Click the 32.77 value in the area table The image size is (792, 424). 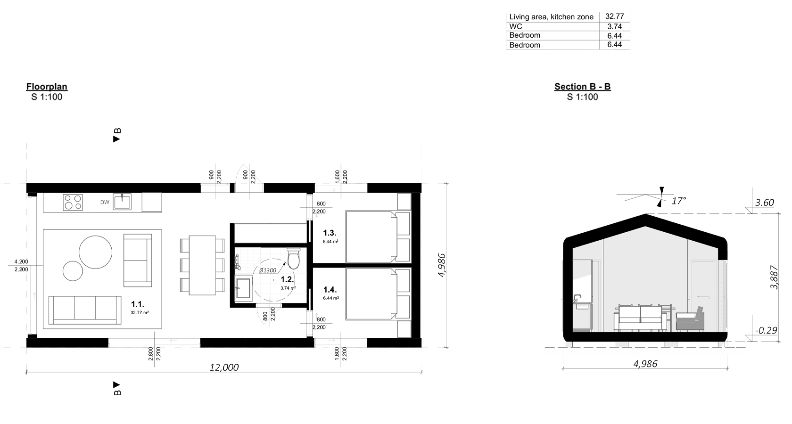tap(614, 16)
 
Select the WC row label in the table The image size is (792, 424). tap(516, 26)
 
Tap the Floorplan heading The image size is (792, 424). tap(47, 87)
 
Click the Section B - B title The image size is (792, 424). tap(582, 87)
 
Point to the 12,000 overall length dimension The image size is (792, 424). tap(224, 367)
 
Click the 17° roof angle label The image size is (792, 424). tap(678, 201)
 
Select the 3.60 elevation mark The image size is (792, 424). tap(764, 203)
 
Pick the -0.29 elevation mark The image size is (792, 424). tap(766, 331)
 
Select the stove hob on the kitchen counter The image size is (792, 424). tap(73, 203)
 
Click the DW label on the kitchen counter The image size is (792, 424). tap(105, 203)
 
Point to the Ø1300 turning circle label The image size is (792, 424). tap(267, 270)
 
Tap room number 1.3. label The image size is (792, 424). tap(330, 233)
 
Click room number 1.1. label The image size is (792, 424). tap(138, 304)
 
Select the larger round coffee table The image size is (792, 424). tap(96, 252)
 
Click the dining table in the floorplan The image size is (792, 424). tap(202, 265)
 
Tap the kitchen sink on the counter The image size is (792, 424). tap(123, 202)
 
